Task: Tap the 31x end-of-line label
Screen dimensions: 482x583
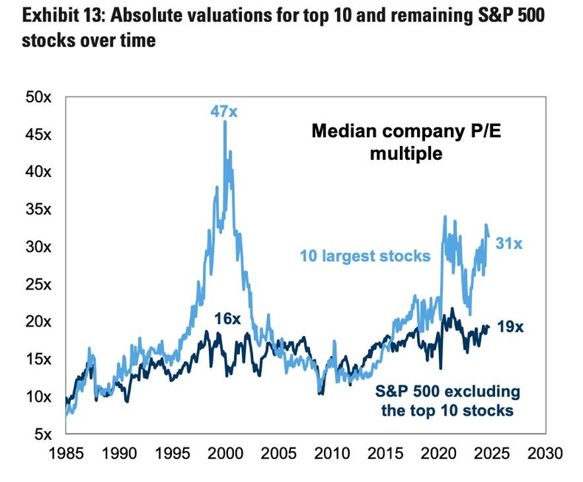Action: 508,242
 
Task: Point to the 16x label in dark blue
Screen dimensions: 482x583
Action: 227,318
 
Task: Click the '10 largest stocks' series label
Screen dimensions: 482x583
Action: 365,256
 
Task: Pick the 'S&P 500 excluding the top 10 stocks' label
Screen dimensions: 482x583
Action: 446,400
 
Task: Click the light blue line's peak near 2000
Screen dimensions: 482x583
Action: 225,122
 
